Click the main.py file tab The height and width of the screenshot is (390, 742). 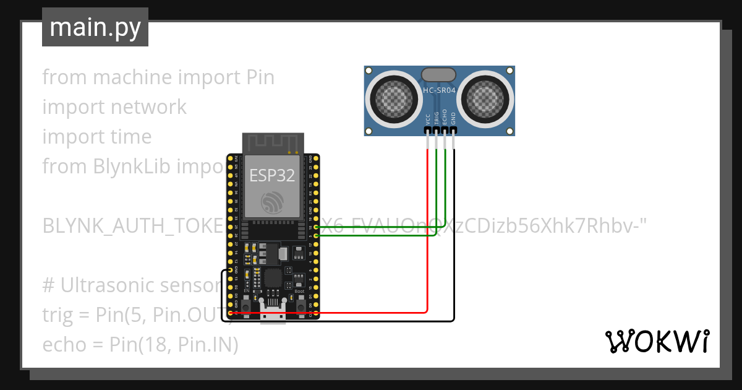click(95, 28)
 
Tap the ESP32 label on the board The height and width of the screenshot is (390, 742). click(272, 175)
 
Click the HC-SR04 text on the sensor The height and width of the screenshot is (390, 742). click(440, 91)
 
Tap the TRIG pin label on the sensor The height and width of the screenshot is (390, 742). click(437, 118)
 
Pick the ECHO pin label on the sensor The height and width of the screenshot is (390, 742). click(445, 118)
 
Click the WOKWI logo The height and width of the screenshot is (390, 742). click(657, 341)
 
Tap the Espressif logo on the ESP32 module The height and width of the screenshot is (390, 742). click(272, 202)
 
